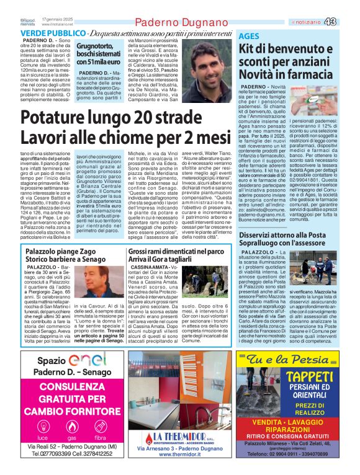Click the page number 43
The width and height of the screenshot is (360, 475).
[348, 22]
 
